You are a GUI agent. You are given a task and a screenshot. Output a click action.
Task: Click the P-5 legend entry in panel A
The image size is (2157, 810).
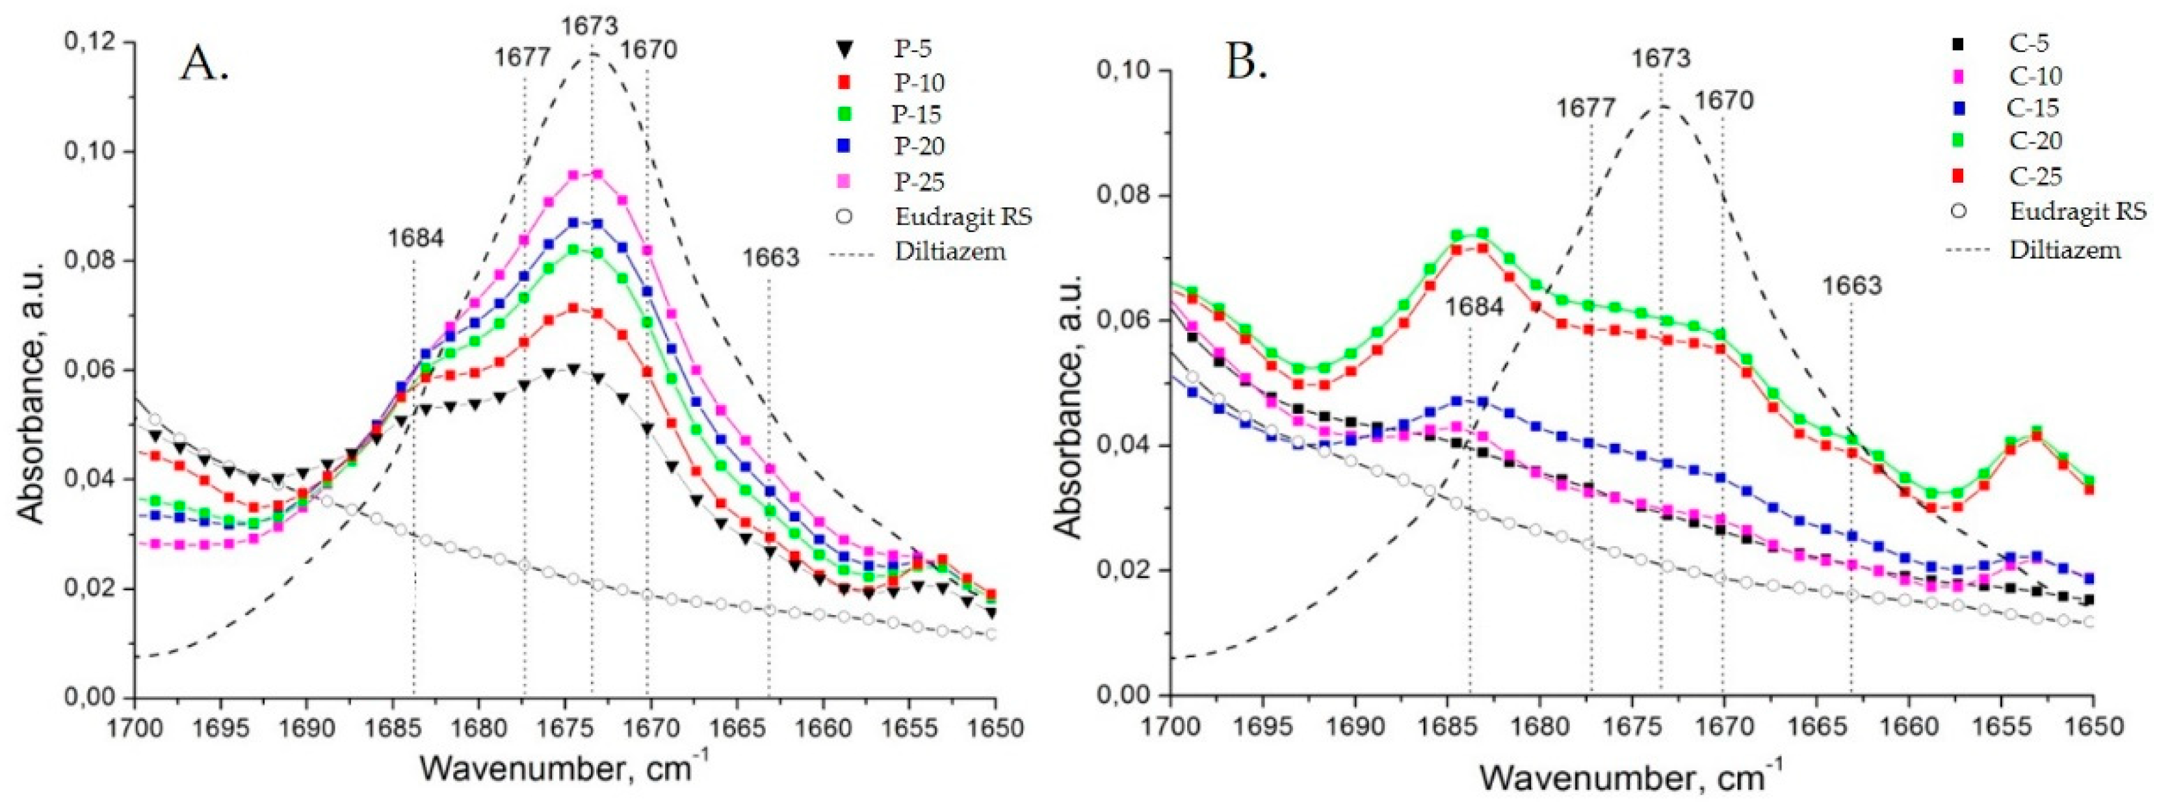[912, 49]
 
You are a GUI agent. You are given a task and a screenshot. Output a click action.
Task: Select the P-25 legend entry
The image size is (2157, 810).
[919, 181]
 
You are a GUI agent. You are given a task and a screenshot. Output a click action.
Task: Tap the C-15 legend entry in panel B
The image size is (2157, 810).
[2032, 108]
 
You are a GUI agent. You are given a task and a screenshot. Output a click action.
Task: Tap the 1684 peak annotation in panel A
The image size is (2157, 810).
[415, 238]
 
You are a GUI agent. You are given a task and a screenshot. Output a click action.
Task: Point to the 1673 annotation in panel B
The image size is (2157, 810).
[1660, 59]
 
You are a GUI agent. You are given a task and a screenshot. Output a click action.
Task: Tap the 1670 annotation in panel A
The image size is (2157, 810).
[648, 51]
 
